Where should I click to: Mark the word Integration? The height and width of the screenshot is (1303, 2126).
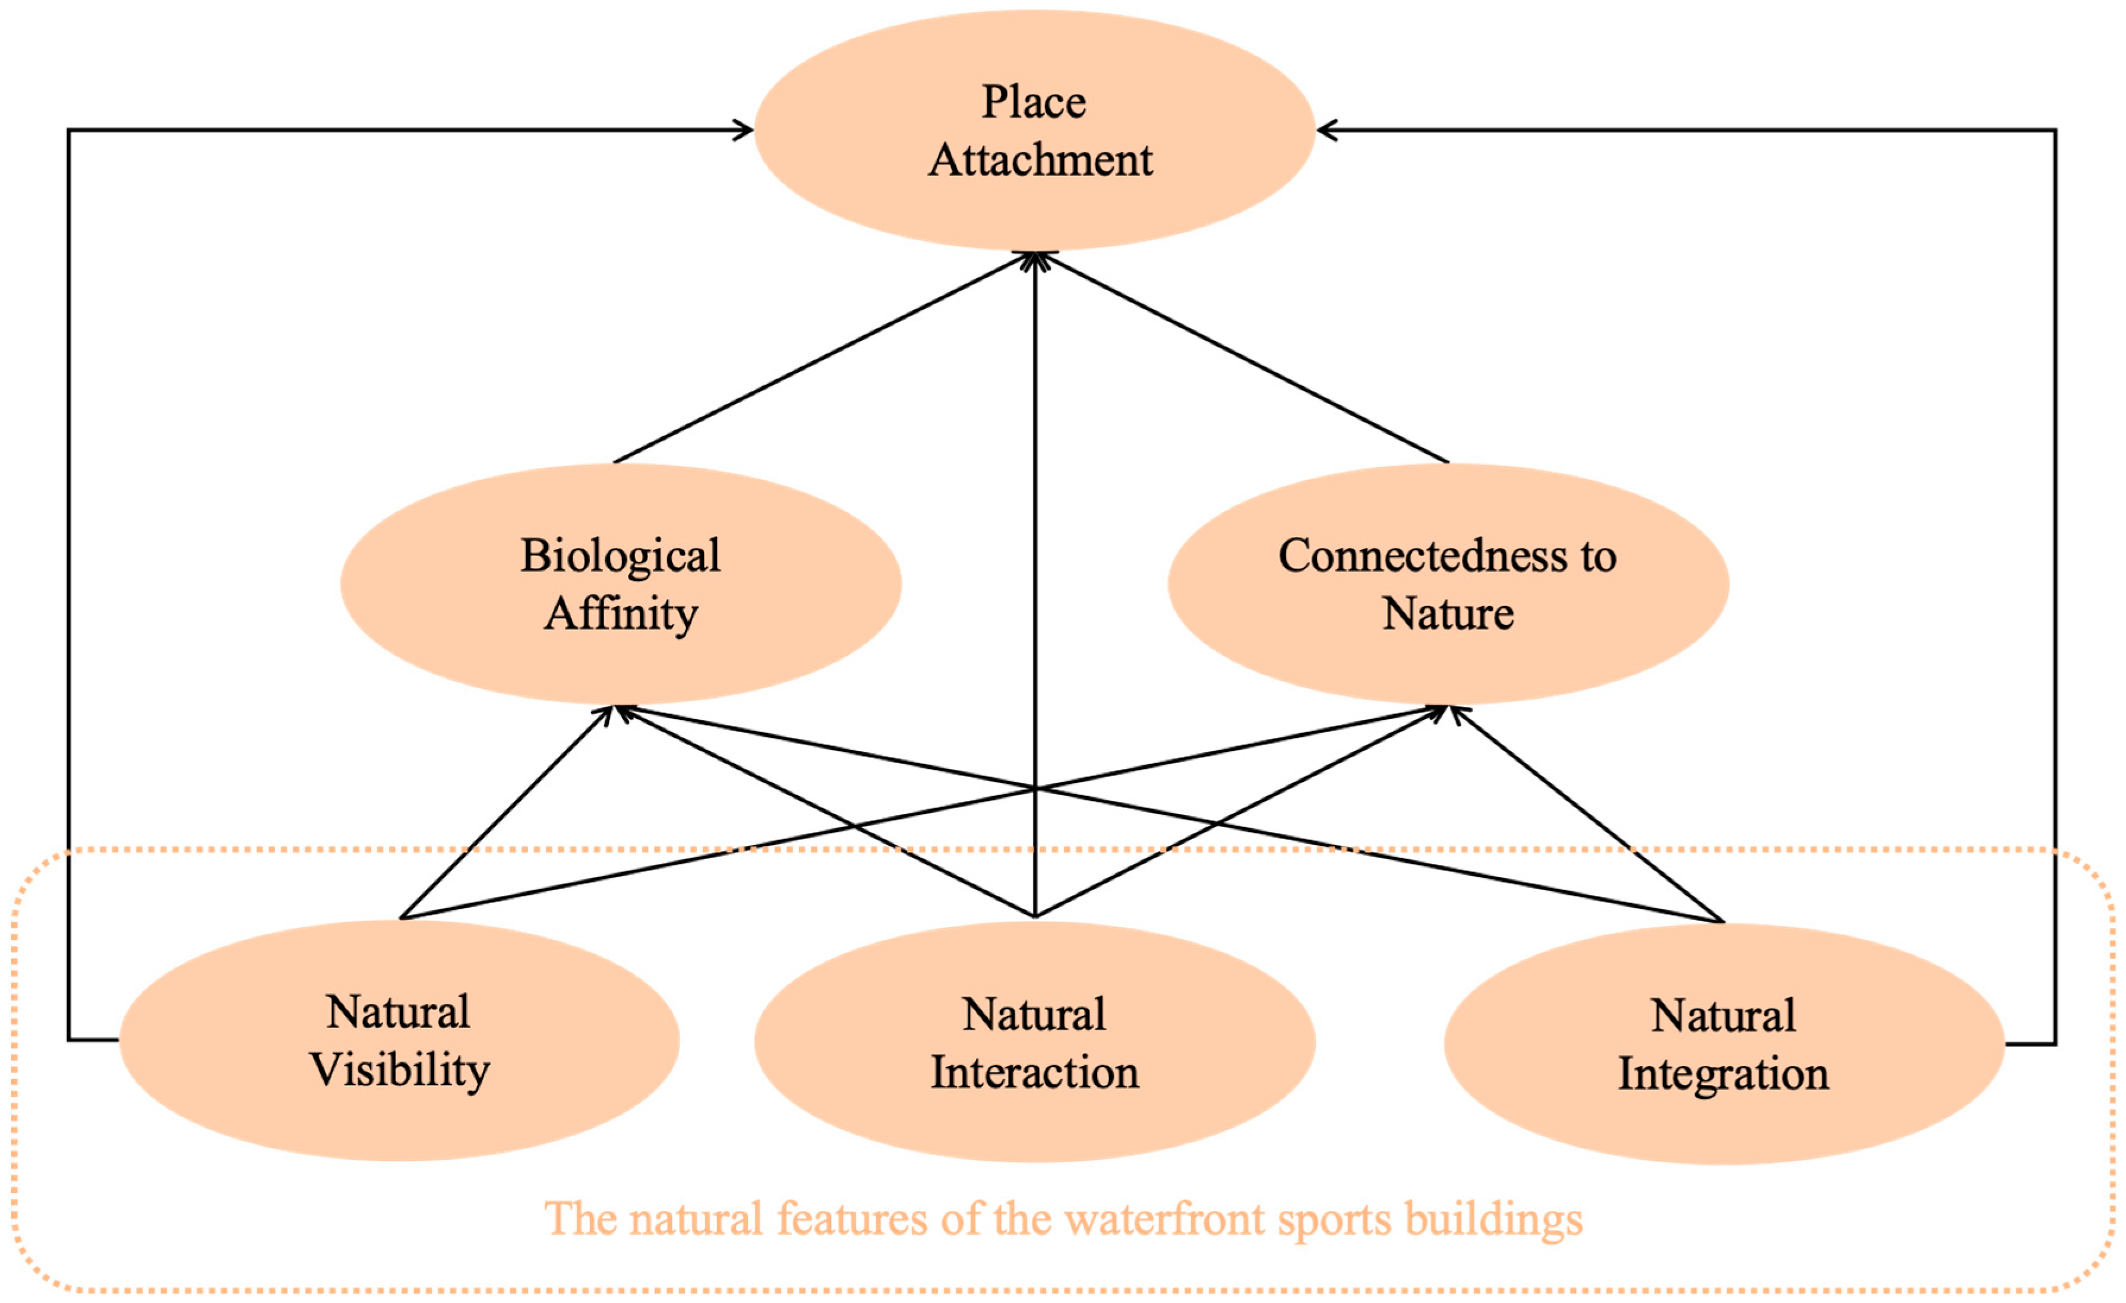tap(1723, 1074)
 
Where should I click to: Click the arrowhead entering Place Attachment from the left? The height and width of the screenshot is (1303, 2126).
tap(743, 130)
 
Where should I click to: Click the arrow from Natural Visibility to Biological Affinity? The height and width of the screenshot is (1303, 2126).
tap(505, 813)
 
